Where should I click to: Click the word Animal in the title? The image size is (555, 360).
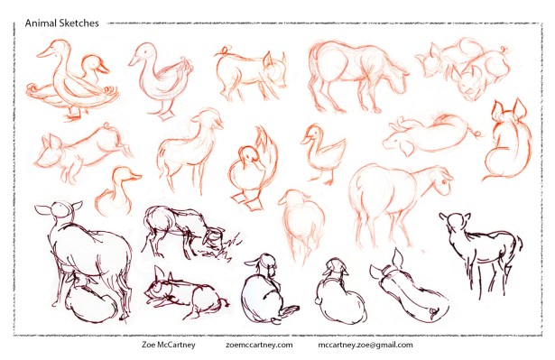pyautogui.click(x=41, y=23)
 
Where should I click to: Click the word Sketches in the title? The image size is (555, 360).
pyautogui.click(x=79, y=23)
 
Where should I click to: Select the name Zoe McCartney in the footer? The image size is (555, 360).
pyautogui.click(x=169, y=345)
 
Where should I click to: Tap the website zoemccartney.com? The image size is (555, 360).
pyautogui.click(x=259, y=345)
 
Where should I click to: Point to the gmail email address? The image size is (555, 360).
pyautogui.click(x=365, y=345)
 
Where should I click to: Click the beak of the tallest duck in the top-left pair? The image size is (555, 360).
pyautogui.click(x=42, y=54)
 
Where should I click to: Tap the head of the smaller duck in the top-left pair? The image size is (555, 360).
pyautogui.click(x=93, y=64)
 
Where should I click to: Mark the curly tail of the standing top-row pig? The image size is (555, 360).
pyautogui.click(x=223, y=51)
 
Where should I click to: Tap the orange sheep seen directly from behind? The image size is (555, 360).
pyautogui.click(x=303, y=223)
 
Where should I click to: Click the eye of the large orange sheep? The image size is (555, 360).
pyautogui.click(x=443, y=181)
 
